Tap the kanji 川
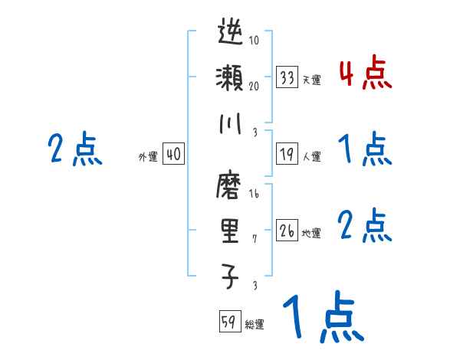point(231,123)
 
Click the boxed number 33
point(287,77)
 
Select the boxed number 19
point(287,154)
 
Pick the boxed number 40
point(173,154)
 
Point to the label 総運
point(255,325)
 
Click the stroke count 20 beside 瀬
point(255,86)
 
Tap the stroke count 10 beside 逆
point(255,41)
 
